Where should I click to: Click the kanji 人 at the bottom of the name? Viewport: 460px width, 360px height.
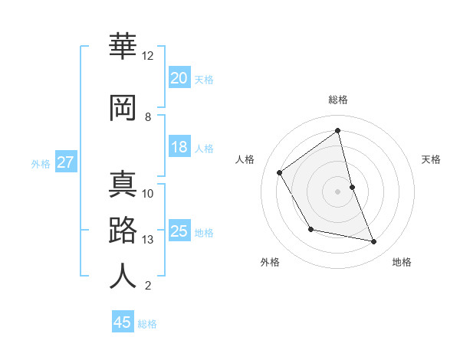(123, 276)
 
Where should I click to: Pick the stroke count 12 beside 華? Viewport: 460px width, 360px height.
(148, 56)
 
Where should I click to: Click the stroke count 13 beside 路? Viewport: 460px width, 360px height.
(148, 240)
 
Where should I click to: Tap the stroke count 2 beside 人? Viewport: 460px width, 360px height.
(148, 286)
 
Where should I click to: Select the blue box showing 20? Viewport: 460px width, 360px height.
(179, 77)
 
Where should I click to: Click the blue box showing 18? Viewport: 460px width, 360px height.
(179, 147)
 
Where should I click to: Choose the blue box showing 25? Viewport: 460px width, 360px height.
(179, 231)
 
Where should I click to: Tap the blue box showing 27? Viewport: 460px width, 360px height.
(65, 162)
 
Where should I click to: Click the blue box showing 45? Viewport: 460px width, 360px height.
(123, 322)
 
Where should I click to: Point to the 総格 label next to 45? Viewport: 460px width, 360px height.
(147, 324)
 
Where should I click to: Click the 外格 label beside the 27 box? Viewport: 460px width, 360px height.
(41, 164)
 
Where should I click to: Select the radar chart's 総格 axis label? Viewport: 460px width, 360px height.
(337, 100)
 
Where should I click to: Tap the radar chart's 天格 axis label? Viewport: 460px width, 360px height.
(432, 159)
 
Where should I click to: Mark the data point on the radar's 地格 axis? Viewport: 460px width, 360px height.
(374, 242)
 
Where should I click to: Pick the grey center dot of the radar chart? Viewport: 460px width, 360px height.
(337, 191)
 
